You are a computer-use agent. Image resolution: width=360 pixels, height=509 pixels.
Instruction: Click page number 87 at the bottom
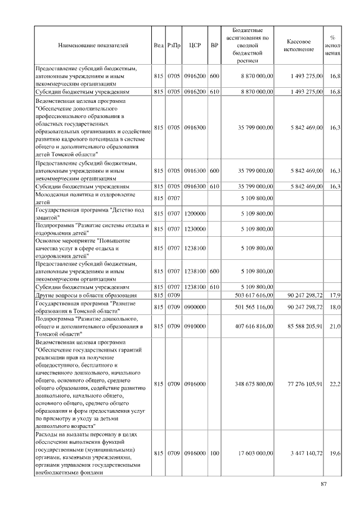pos(323,484)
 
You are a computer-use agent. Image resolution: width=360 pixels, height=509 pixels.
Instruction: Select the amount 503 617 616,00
pos(250,295)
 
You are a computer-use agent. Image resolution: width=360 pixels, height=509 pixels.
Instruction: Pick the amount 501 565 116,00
pos(250,307)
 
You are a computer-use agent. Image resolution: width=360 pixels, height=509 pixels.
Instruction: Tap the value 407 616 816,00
pos(250,326)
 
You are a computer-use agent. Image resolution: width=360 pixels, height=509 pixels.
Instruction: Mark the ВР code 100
pos(214,453)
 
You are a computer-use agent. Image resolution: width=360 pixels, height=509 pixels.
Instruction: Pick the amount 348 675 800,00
pos(250,384)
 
